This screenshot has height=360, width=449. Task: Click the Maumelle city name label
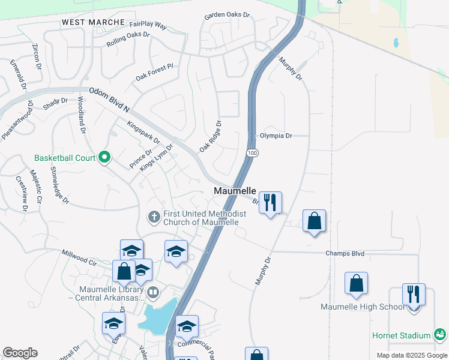(x=235, y=191)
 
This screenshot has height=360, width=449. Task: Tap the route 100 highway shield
(x=253, y=154)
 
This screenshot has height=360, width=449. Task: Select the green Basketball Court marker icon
(x=105, y=158)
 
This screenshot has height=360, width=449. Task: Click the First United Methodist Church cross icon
(x=154, y=217)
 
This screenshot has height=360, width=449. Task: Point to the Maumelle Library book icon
(x=153, y=293)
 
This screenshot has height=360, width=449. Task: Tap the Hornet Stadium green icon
(x=440, y=335)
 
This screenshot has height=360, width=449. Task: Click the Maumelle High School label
(x=363, y=307)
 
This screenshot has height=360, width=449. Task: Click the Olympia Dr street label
(x=276, y=136)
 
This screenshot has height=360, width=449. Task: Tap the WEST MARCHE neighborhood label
(x=93, y=22)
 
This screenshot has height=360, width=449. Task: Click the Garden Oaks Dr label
(x=226, y=15)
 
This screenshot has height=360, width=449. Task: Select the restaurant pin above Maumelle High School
(x=414, y=294)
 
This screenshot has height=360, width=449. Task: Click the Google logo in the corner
(x=20, y=353)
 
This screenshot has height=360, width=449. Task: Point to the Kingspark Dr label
(x=143, y=133)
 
